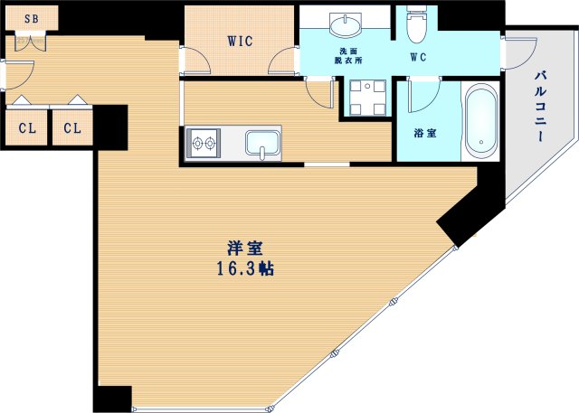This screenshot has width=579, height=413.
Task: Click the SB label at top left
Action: pyautogui.click(x=31, y=18)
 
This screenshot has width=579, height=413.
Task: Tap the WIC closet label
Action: pyautogui.click(x=240, y=41)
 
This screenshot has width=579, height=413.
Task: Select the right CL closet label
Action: pyautogui.click(x=72, y=128)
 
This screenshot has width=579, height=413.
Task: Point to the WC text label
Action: pyautogui.click(x=419, y=57)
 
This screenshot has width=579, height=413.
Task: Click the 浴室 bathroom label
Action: pyautogui.click(x=425, y=133)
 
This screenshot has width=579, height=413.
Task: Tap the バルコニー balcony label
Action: pyautogui.click(x=540, y=107)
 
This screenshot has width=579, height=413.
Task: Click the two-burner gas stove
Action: pyautogui.click(x=204, y=143)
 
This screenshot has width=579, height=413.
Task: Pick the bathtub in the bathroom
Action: pyautogui.click(x=479, y=121)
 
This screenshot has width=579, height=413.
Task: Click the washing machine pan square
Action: pyautogui.click(x=367, y=98)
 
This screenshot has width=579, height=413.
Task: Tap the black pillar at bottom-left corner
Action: pyautogui.click(x=113, y=398)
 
